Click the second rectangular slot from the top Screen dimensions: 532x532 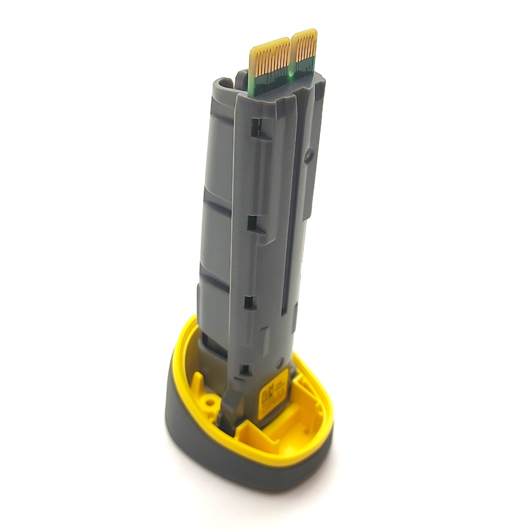252,223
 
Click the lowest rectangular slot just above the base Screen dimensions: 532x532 246,369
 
